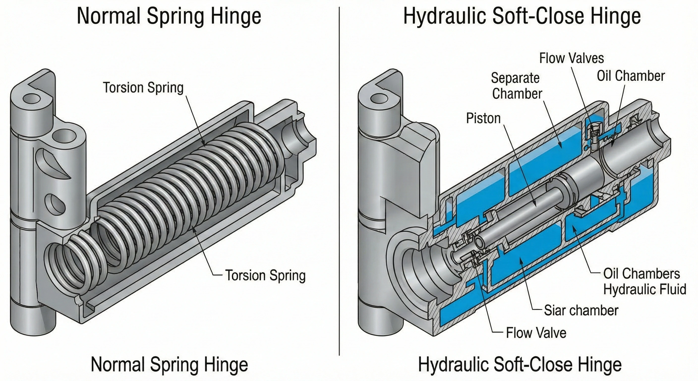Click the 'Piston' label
pos(483,119)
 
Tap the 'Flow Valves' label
pos(571,58)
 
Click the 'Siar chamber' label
pos(581,310)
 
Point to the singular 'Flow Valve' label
pos(536,333)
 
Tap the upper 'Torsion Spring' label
pos(143,88)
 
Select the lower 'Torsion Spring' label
pos(265,275)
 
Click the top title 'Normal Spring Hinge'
pos(169,16)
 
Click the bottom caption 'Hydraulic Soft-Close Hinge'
pos(520,364)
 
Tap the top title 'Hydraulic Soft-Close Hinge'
pos(522,16)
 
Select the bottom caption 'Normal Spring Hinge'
pos(169,364)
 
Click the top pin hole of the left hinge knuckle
pos(31,99)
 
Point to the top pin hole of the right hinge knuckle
pos(379,99)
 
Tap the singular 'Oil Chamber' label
pos(631,76)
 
